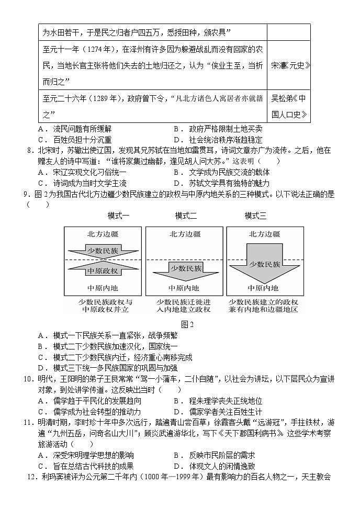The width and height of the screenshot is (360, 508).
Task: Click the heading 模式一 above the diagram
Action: [x=118, y=216]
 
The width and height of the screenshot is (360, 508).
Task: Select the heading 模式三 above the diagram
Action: [x=255, y=216]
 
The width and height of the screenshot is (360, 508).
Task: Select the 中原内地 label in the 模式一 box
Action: [x=103, y=288]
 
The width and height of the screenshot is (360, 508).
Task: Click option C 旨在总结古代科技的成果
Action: [x=85, y=466]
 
